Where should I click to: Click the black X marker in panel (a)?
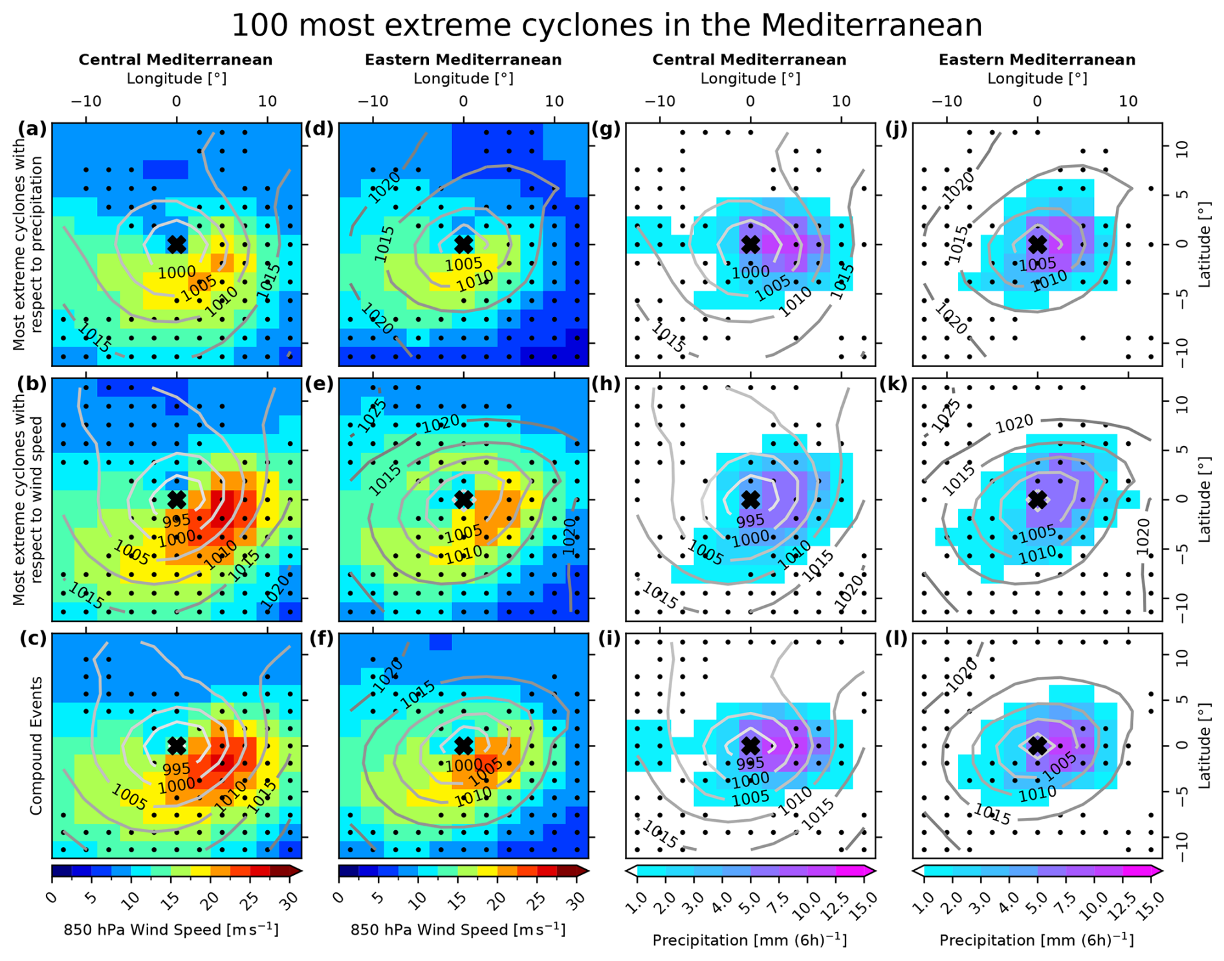tap(177, 244)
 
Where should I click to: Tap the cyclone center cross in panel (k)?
tap(1038, 500)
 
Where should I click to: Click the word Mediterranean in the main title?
tap(871, 26)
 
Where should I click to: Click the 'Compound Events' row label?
tap(36, 746)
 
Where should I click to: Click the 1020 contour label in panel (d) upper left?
tap(384, 187)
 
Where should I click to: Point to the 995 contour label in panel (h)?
tap(750, 520)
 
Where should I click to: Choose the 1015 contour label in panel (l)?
tap(992, 814)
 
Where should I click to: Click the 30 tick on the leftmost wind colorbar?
tap(292, 900)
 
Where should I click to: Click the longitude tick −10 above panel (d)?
tap(373, 101)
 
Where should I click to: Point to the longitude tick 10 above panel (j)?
tap(1128, 101)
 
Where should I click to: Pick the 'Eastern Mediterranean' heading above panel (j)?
tap(1037, 60)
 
